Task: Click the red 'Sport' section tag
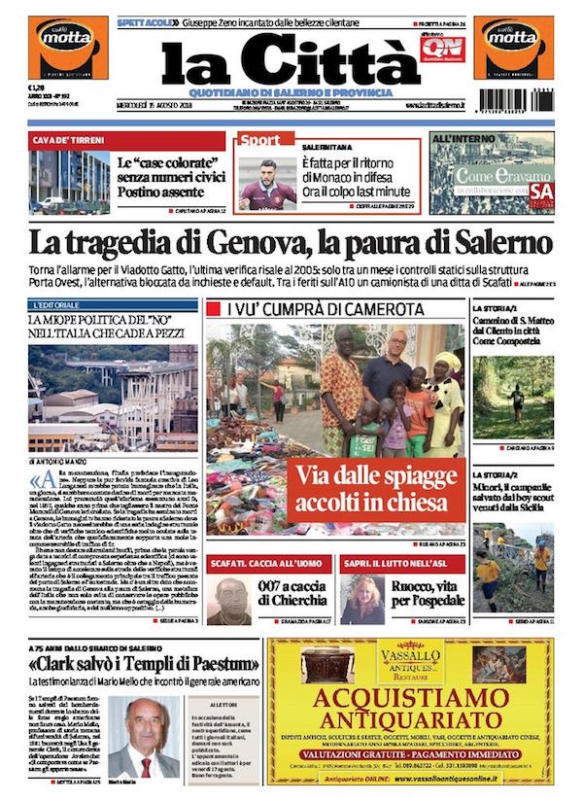click(x=260, y=140)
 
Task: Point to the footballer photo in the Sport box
click(x=267, y=183)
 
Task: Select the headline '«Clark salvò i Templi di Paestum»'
click(x=144, y=665)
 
